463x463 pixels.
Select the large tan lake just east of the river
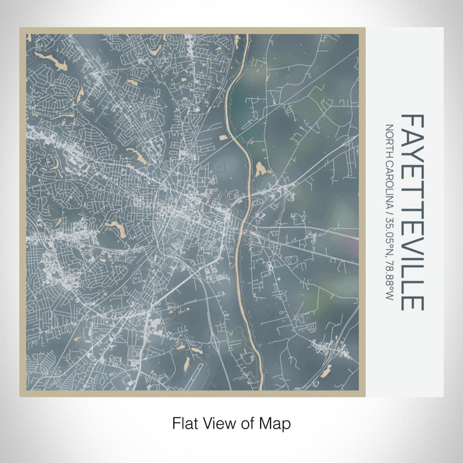pyautogui.click(x=259, y=168)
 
